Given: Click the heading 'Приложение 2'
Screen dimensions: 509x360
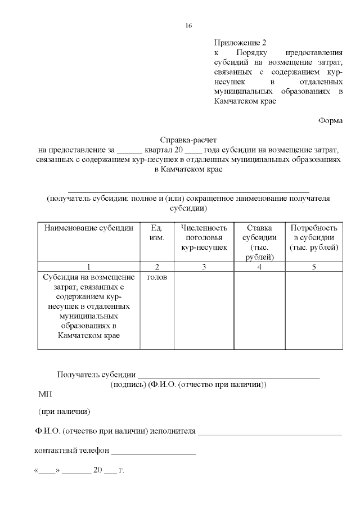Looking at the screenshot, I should click(240, 43).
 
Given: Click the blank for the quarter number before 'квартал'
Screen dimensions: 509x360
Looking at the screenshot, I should click(130, 151).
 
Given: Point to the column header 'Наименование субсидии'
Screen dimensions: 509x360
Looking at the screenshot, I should click(89, 228).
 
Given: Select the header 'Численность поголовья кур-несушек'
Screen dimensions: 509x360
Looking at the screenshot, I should click(204, 237).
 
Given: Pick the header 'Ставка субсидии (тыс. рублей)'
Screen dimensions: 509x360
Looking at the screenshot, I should click(259, 242).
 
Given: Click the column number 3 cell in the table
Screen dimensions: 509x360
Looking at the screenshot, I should click(204, 267).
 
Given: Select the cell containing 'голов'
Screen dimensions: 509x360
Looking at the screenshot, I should click(157, 277).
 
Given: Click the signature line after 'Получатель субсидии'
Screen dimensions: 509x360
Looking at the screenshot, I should click(228, 375).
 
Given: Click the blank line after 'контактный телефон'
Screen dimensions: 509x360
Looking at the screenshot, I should click(154, 452).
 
